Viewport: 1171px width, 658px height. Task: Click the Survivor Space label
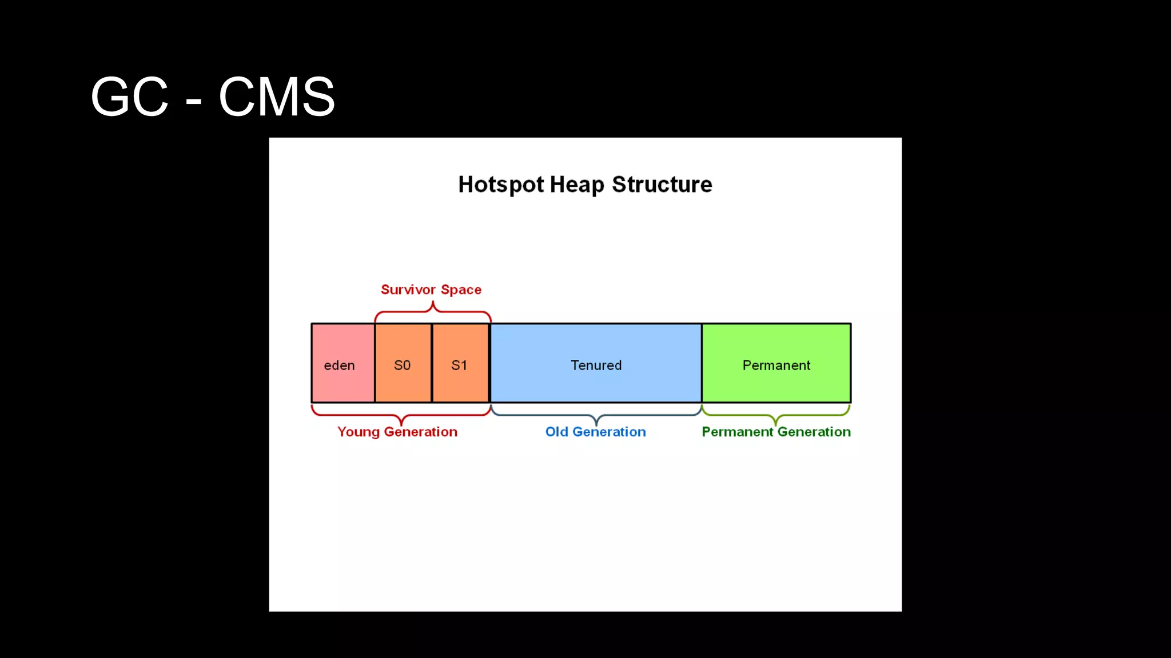click(x=431, y=290)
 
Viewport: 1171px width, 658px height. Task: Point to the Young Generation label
click(x=397, y=432)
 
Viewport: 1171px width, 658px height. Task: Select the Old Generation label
click(x=595, y=432)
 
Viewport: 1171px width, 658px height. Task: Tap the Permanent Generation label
click(x=776, y=432)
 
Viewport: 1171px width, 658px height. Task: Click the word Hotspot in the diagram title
click(x=501, y=185)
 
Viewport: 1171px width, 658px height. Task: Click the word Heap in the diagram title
click(x=577, y=185)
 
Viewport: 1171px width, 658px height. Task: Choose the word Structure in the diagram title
click(x=662, y=184)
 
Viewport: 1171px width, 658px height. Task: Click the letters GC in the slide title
click(x=130, y=97)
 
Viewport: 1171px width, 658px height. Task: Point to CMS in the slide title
click(x=277, y=97)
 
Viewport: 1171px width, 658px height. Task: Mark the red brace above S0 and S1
click(x=433, y=311)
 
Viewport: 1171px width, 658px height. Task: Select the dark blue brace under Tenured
click(x=596, y=415)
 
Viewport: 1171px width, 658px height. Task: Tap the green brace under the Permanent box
click(x=775, y=415)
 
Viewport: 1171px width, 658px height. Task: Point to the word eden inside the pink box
click(x=339, y=366)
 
